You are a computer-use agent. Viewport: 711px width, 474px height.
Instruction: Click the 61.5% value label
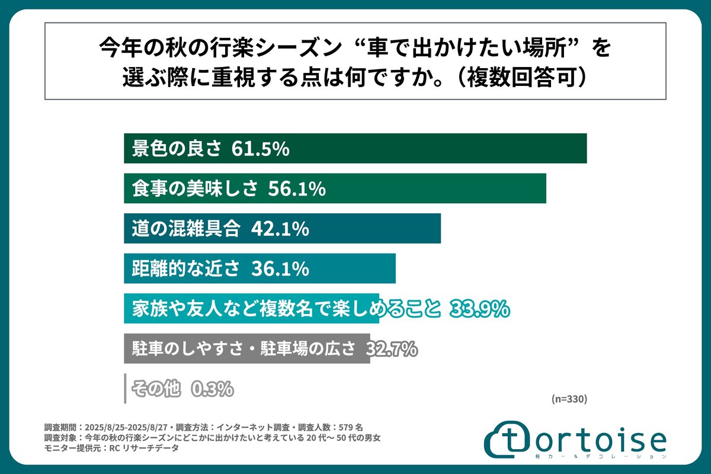pos(260,149)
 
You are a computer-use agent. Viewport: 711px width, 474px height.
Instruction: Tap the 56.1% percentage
pos(297,189)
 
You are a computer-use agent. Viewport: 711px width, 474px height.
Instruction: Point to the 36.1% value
pos(280,268)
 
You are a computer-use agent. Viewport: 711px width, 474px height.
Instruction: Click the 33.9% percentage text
pos(480,309)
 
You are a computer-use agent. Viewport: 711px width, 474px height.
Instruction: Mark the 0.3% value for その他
pos(212,389)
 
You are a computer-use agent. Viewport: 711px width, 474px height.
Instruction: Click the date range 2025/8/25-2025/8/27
pos(124,427)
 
